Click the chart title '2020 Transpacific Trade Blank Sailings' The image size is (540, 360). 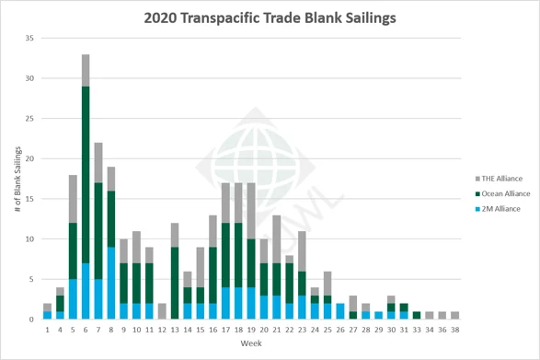click(270, 17)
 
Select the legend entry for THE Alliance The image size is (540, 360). click(496, 178)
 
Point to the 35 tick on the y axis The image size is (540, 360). click(29, 39)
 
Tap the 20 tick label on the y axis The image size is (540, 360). click(29, 159)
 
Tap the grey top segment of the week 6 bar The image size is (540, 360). click(86, 70)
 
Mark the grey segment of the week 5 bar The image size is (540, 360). click(73, 199)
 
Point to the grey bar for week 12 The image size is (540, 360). click(161, 311)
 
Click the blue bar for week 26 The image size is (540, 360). click(339, 311)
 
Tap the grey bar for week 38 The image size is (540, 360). click(454, 315)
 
